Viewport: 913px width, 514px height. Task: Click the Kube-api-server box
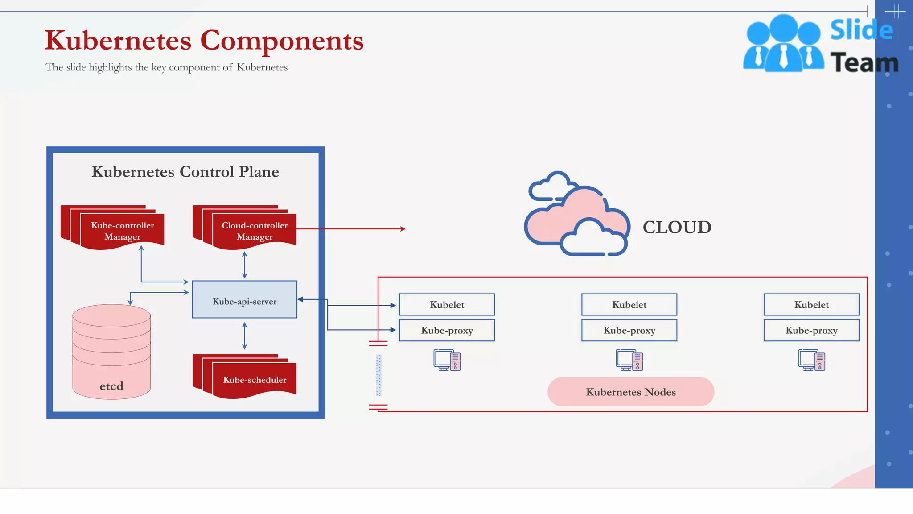pyautogui.click(x=244, y=299)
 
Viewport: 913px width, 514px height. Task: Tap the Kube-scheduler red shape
pyautogui.click(x=254, y=379)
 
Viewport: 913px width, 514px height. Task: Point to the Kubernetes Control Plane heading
pyautogui.click(x=185, y=172)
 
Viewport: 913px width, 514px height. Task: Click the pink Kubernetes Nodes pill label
pyautogui.click(x=630, y=392)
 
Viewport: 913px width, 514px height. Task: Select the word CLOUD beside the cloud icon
pyautogui.click(x=677, y=227)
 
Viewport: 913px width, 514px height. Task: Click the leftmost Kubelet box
pyautogui.click(x=447, y=305)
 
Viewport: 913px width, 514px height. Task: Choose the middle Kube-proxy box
pyautogui.click(x=629, y=330)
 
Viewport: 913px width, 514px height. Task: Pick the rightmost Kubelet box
pyautogui.click(x=811, y=305)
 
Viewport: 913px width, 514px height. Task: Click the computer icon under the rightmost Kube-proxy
pyautogui.click(x=811, y=361)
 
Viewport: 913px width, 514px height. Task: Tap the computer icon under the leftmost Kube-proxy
pyautogui.click(x=447, y=361)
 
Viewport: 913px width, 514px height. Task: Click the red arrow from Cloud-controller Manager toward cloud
pyautogui.click(x=352, y=229)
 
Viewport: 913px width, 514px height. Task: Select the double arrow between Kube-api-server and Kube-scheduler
pyautogui.click(x=244, y=336)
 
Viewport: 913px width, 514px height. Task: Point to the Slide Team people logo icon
pyautogui.click(x=783, y=44)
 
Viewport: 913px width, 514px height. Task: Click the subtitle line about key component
pyautogui.click(x=166, y=67)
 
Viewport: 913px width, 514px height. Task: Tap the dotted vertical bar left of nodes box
pyautogui.click(x=378, y=375)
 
